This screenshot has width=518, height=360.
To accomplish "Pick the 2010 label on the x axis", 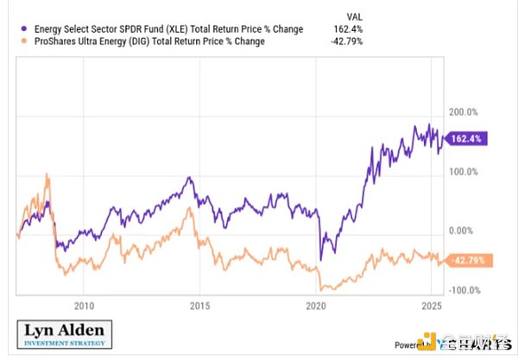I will point(84,305).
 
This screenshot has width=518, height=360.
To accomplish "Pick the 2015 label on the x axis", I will point(200,305).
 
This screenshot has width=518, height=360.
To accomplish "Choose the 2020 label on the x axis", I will point(317,305).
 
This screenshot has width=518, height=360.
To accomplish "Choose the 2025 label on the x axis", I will point(433,305).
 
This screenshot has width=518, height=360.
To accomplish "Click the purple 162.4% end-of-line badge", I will point(465,137).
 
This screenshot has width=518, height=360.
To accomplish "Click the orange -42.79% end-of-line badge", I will point(467,261).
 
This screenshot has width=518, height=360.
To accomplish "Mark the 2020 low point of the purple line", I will point(321,259).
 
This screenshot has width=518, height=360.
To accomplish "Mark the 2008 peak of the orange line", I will point(47,176).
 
